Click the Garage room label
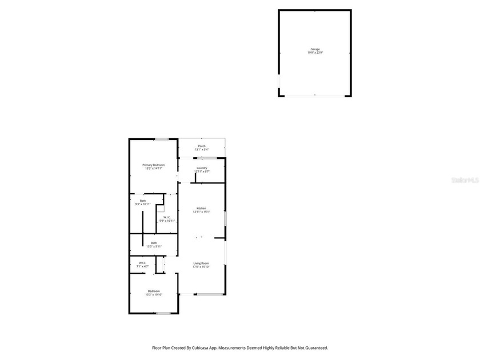[315, 50]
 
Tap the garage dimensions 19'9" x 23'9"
[315, 53]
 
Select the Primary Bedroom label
[154, 165]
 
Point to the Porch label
[202, 146]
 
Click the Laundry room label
[202, 167]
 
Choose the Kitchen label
[202, 208]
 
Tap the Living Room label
[202, 263]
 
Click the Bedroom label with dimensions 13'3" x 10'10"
[154, 291]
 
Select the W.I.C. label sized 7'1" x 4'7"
[142, 263]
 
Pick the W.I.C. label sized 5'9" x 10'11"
[167, 217]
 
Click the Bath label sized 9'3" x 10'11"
[143, 201]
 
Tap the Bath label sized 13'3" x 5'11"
[154, 243]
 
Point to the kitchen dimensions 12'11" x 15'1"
[202, 212]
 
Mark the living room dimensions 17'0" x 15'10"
[202, 267]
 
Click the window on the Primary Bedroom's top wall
[162, 139]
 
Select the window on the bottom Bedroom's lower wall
[163, 313]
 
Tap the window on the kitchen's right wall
[225, 219]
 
